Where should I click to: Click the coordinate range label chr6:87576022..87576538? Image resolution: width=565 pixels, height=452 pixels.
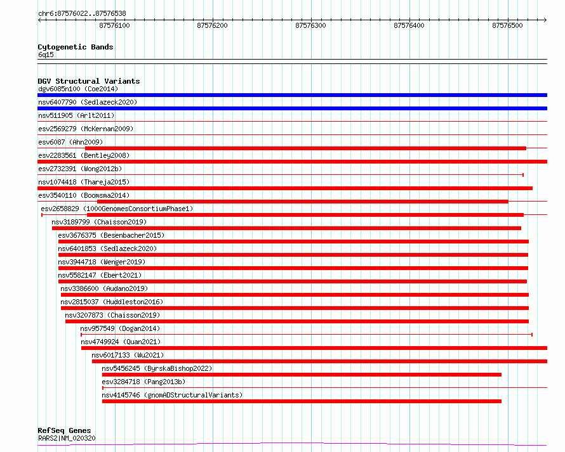82,14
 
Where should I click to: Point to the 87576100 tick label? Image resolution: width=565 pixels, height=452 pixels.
114,25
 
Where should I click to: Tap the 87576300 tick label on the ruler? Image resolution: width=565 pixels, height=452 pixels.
310,25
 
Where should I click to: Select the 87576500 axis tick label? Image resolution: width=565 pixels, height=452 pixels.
507,25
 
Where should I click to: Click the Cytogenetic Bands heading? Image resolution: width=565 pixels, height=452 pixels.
76,47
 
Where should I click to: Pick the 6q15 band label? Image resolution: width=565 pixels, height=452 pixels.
46,55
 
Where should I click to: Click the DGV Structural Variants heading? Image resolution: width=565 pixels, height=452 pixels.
89,81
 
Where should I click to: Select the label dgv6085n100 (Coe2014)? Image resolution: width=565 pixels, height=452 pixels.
78,89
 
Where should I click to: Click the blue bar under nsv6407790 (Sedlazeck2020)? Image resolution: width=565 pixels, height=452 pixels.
292,108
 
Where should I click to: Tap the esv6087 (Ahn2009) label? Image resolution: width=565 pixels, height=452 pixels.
70,142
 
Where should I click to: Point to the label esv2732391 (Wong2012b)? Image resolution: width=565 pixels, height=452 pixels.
80,169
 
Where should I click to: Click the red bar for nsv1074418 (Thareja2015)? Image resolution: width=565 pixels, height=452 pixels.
285,188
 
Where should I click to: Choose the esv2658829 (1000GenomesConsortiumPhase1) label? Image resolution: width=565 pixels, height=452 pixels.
117,209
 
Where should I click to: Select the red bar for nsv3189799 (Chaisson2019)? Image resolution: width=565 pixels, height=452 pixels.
286,228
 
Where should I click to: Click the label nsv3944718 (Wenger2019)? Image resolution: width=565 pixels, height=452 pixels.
102,262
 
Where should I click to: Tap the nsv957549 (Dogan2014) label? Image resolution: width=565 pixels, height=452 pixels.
120,328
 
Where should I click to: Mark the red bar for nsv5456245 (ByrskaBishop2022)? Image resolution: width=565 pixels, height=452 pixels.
302,375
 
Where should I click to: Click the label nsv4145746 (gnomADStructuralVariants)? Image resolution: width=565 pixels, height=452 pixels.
172,395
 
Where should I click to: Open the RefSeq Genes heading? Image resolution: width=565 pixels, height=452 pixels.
64,430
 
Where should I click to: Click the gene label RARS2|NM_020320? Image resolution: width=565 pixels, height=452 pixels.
67,438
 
